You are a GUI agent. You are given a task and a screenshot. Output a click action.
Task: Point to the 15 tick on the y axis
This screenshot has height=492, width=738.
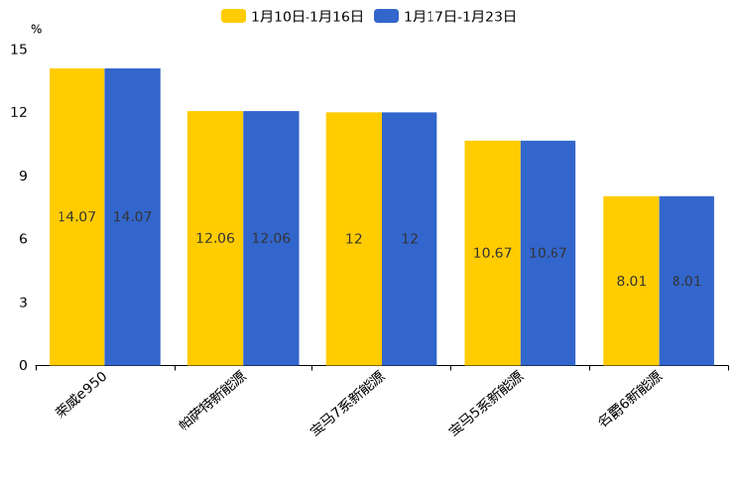click(x=19, y=49)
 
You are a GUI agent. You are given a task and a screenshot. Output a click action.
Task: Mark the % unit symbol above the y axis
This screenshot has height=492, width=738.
click(x=36, y=29)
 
